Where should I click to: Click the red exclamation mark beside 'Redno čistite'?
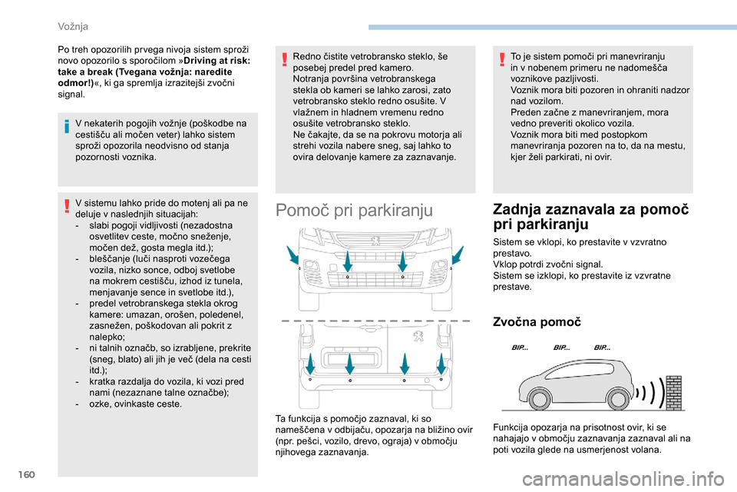click(285, 58)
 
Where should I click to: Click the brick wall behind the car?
click(673, 393)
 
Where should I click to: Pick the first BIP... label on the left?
click(520, 348)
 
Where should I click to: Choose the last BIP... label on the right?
click(603, 348)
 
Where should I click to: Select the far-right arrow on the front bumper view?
click(458, 256)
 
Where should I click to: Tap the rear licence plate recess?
click(349, 359)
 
